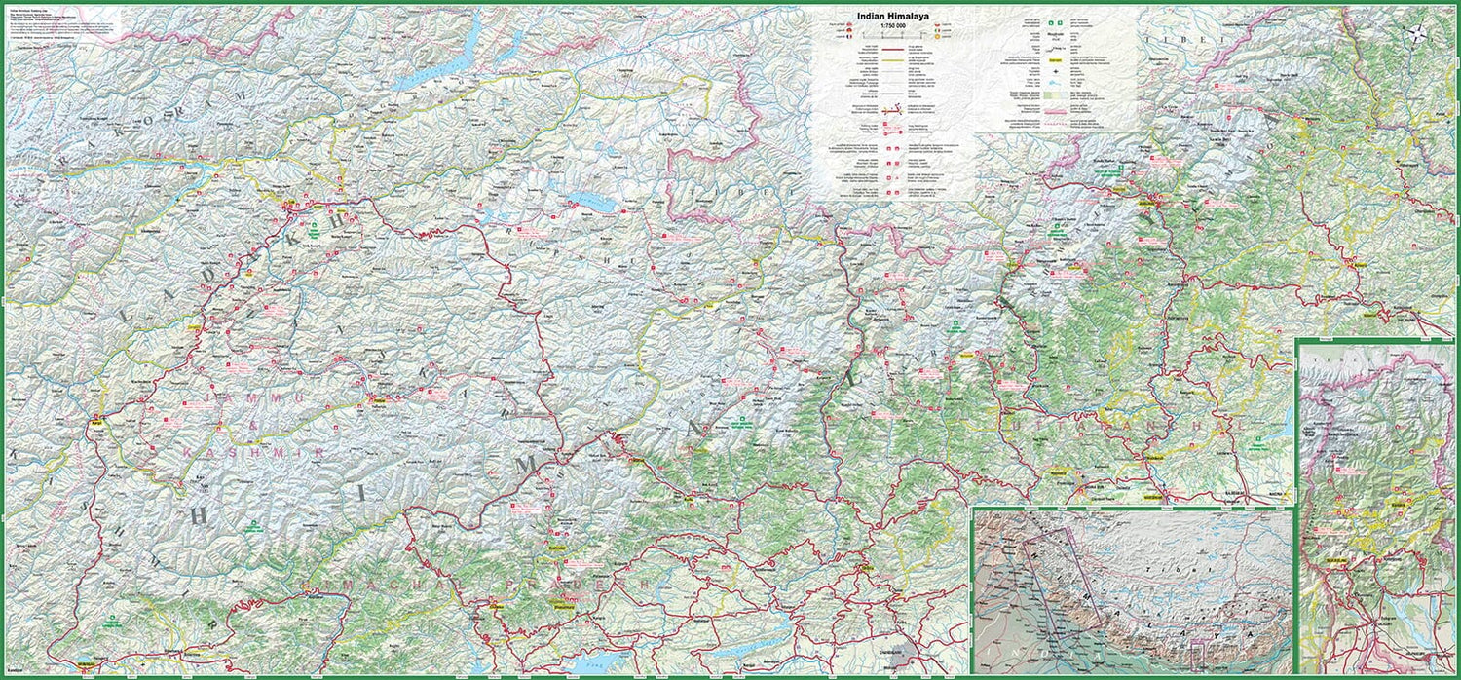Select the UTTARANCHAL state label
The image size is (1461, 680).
click(1115, 426)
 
